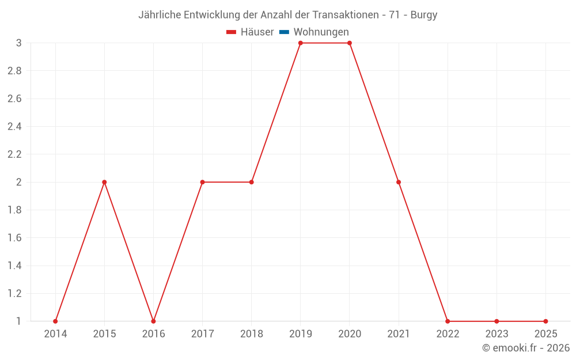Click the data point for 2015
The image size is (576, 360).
pos(104,182)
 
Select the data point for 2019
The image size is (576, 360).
pos(301,43)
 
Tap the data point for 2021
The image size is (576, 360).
pos(399,182)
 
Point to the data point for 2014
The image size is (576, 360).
pos(55,321)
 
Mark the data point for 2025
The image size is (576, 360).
pos(545,321)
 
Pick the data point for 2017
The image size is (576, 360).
pos(202,182)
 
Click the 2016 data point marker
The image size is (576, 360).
pos(153,321)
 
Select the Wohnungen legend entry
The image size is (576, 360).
pos(321,32)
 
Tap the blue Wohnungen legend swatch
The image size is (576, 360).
pos(284,32)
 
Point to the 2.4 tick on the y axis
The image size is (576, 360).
pos(14,127)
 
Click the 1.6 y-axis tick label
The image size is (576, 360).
pos(14,238)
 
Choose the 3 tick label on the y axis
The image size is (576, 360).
pos(18,43)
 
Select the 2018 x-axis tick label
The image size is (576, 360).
pos(252,334)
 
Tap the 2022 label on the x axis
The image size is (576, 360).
pos(448,334)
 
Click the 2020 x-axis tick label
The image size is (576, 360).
pos(350,334)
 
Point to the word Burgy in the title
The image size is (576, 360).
pos(424,15)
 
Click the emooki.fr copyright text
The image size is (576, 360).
pos(526,348)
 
